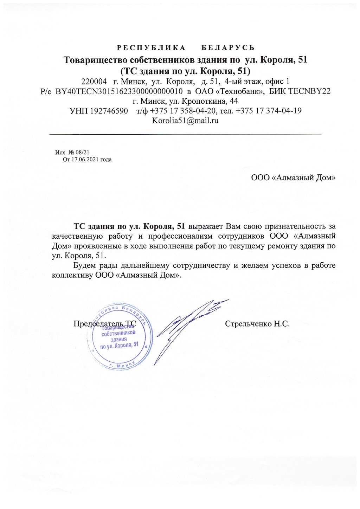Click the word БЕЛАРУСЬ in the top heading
click(x=228, y=48)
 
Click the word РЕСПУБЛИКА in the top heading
click(x=151, y=48)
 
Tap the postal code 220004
click(x=94, y=82)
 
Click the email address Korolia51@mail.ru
click(x=185, y=121)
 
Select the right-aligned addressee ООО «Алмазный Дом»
click(x=293, y=178)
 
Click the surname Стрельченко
click(x=249, y=324)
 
